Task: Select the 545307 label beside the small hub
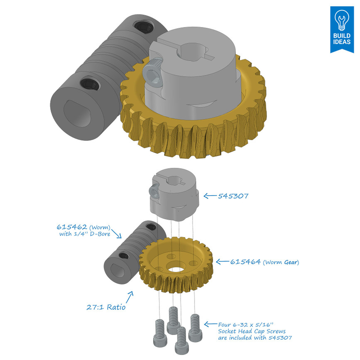click(233, 196)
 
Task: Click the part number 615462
click(71, 227)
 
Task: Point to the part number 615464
click(245, 262)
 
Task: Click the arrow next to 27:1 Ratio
click(130, 297)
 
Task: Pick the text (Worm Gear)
click(281, 262)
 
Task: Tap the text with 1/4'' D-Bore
click(85, 235)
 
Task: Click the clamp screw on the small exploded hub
click(153, 191)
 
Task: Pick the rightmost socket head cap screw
click(196, 326)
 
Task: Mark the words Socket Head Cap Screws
click(251, 331)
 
